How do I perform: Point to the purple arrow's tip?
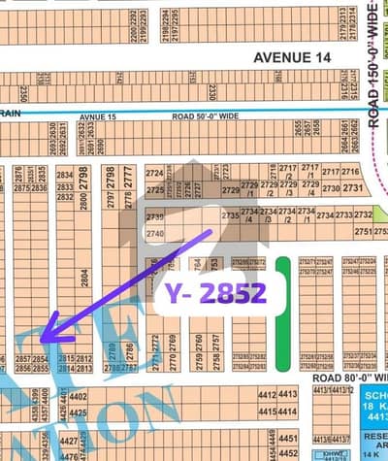point(41,342)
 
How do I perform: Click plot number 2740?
point(154,234)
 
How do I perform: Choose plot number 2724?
point(154,173)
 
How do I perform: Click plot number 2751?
point(363,231)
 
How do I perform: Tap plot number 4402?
point(79,396)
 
